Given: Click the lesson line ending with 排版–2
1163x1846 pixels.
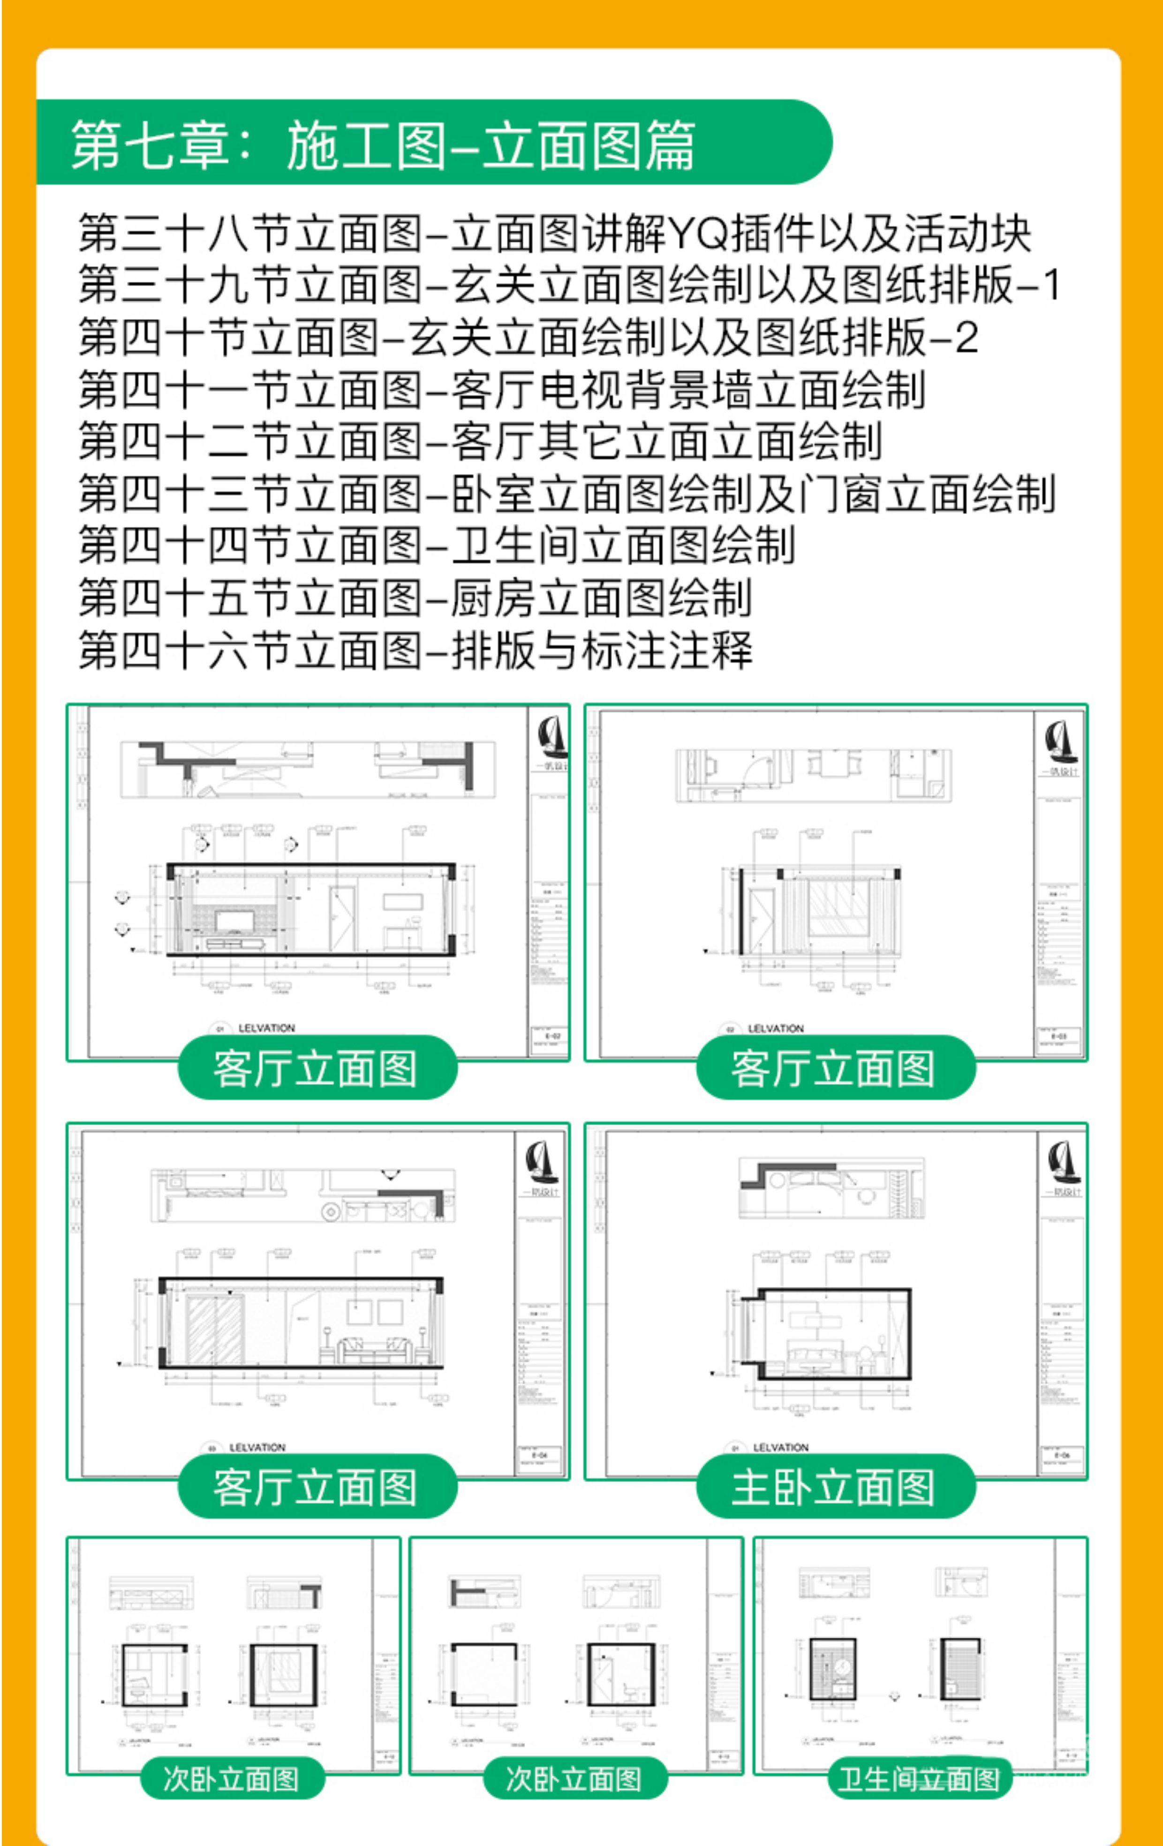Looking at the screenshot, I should tap(528, 337).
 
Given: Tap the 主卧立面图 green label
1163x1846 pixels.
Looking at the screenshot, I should tap(834, 1487).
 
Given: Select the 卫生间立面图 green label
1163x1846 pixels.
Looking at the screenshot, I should tap(918, 1778).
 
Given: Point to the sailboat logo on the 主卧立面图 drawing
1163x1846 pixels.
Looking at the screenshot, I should tap(1064, 1162).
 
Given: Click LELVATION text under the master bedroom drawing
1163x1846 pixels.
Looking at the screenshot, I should tap(780, 1447).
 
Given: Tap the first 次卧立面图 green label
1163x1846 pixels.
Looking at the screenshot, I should tap(232, 1778).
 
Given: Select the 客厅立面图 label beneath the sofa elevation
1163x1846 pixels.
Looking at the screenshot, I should tap(316, 1487).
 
